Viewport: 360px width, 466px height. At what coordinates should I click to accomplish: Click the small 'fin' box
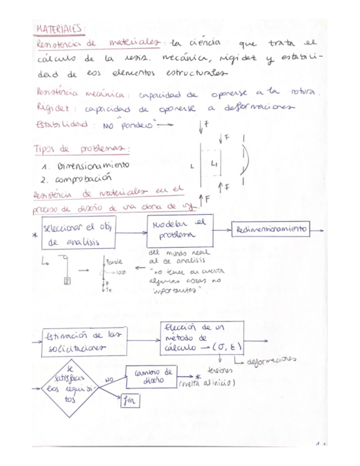click(130, 402)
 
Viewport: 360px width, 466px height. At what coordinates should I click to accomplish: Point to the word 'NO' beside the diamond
click(109, 379)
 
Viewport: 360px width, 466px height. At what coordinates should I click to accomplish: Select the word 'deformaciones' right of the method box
click(270, 361)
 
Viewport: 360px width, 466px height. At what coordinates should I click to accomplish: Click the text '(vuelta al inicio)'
click(207, 384)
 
